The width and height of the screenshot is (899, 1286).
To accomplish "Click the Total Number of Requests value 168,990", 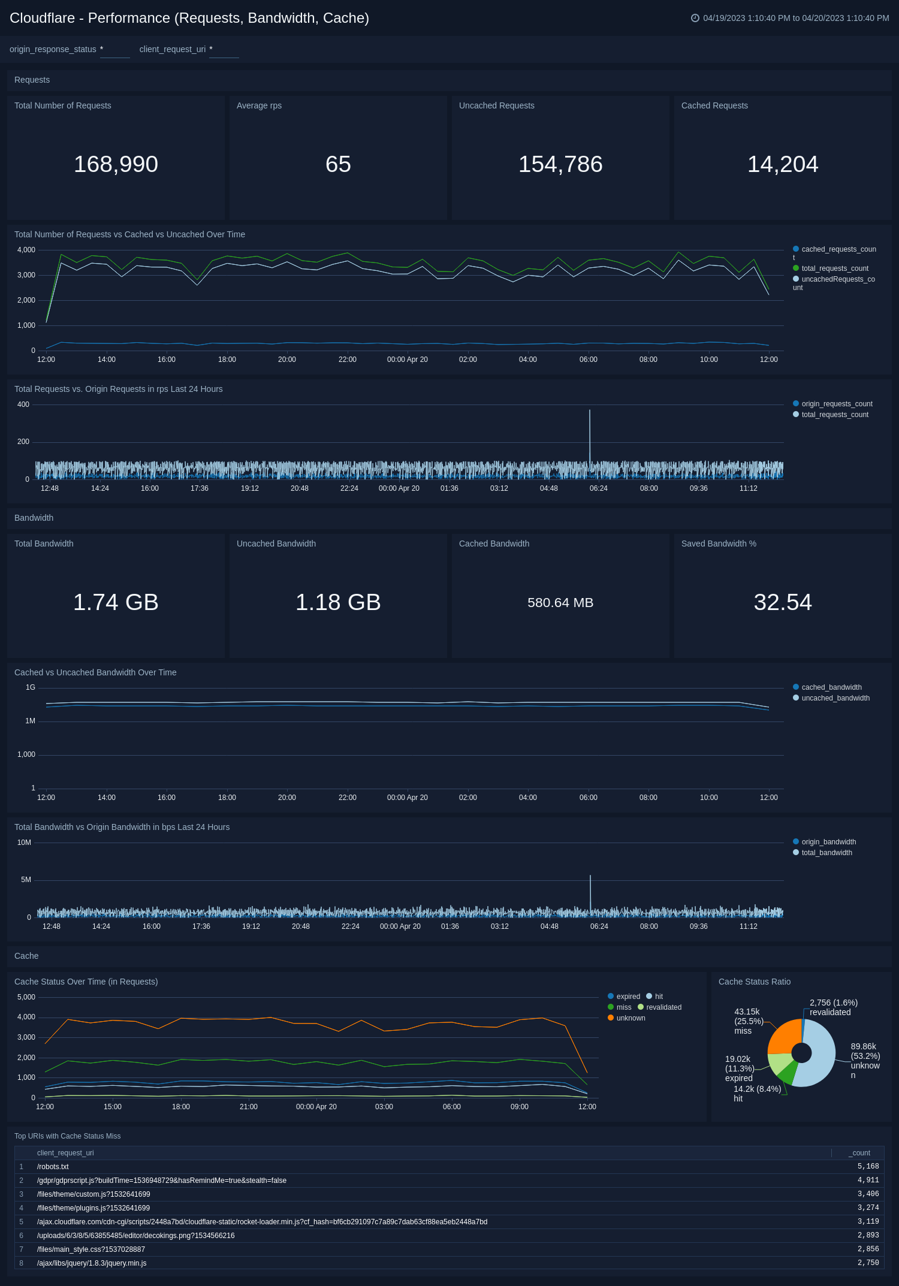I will [x=116, y=164].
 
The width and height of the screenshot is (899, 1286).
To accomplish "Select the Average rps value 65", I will [x=338, y=164].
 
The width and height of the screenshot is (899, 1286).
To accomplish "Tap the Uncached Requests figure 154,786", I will [x=560, y=164].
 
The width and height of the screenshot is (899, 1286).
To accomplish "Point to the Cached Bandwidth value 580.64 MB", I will [x=560, y=603].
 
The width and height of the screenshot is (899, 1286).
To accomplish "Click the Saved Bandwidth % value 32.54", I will [x=783, y=602].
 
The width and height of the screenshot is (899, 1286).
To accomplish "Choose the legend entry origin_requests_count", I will [x=836, y=404].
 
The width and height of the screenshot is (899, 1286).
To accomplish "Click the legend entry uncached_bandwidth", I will [x=835, y=698].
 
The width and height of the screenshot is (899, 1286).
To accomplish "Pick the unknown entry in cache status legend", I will [x=630, y=1018].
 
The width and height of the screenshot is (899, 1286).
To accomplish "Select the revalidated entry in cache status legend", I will [x=663, y=1007].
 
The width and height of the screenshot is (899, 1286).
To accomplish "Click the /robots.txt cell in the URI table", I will [x=53, y=1167].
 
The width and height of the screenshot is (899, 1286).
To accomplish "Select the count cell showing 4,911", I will [x=868, y=1181].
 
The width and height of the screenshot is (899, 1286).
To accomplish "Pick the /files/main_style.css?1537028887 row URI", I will [x=90, y=1249].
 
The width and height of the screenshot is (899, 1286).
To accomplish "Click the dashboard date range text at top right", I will [x=795, y=18].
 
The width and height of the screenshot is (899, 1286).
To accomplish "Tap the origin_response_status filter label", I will [x=53, y=49].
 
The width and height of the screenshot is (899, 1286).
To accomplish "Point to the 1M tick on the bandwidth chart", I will [x=30, y=721].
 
